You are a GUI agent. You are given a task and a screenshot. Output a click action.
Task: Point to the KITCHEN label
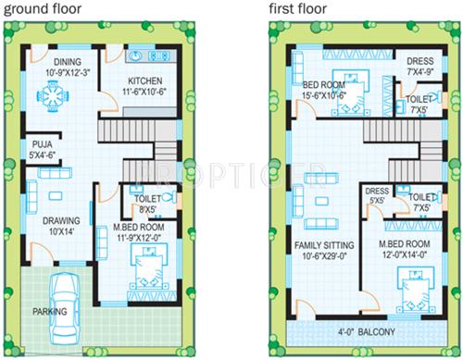[145, 81]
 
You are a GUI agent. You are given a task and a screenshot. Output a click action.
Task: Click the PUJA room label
[42, 149]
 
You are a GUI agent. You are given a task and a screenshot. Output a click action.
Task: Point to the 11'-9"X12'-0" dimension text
[139, 236]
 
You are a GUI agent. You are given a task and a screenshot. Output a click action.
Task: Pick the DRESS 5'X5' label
[377, 196]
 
